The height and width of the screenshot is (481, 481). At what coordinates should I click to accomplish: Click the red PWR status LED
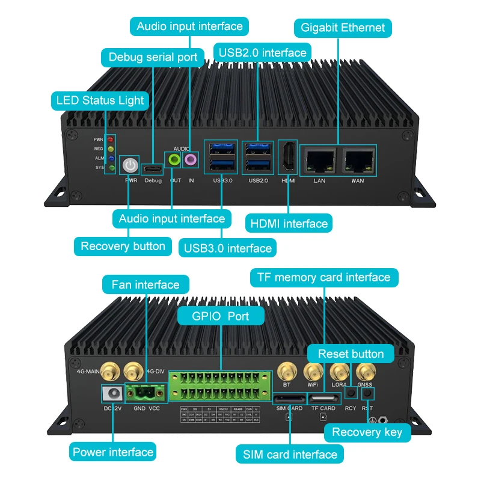(x=110, y=139)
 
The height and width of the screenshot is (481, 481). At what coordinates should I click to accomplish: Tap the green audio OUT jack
(x=174, y=160)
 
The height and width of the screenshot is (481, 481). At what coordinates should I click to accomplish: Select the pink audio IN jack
(x=191, y=160)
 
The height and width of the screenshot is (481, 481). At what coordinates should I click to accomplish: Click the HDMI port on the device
(x=288, y=158)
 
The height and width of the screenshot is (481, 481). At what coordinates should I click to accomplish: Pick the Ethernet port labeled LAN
(x=319, y=160)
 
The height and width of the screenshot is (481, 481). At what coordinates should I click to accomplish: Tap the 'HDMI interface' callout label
(x=288, y=224)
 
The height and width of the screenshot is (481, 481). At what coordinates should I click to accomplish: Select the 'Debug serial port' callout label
(x=153, y=58)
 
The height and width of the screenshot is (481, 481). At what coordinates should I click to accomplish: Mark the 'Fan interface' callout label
(x=146, y=284)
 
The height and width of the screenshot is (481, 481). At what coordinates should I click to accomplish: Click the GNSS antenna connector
(x=365, y=370)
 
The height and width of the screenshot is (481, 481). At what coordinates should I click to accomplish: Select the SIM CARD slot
(x=289, y=399)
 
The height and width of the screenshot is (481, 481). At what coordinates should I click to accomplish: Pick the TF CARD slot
(x=323, y=399)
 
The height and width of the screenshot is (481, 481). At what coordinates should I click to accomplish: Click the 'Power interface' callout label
(x=113, y=452)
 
